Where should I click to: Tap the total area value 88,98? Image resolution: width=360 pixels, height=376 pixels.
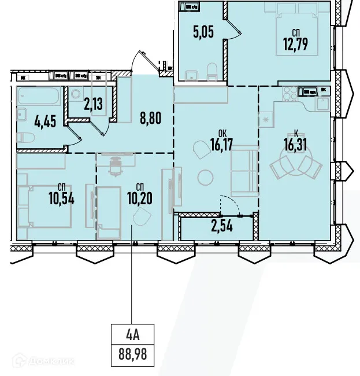[x=134, y=354]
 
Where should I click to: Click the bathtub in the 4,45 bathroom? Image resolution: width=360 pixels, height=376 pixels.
[x=38, y=97]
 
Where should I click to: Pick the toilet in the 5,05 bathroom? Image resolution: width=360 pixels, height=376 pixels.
[x=212, y=72]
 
